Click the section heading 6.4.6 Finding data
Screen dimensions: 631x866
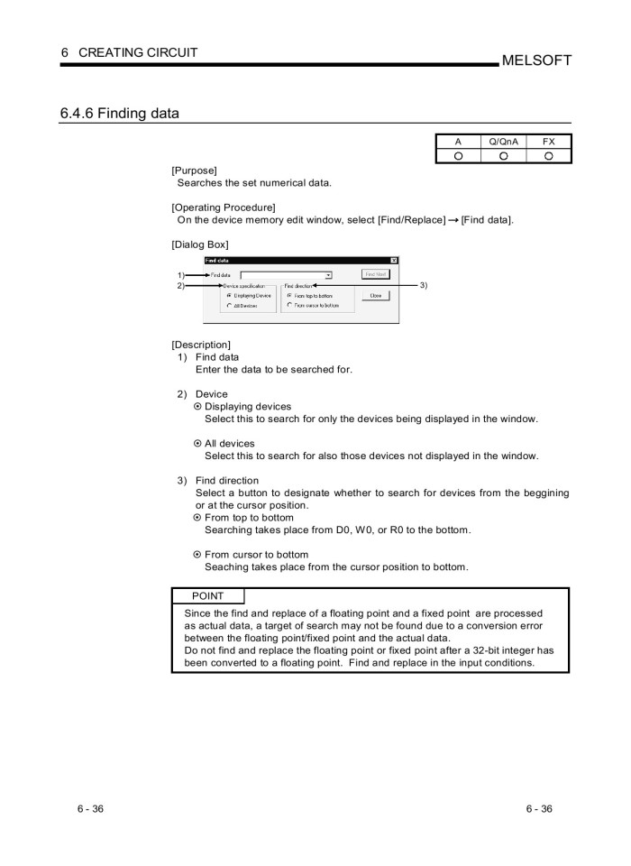[119, 114]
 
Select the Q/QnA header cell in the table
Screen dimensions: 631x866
[503, 142]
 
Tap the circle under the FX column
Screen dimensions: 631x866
[548, 156]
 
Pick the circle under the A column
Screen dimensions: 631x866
[458, 156]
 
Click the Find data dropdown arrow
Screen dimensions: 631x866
[327, 274]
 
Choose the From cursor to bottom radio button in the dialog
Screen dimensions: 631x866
[289, 306]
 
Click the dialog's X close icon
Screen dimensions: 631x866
[394, 261]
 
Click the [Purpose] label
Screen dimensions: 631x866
[194, 170]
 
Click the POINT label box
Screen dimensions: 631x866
[207, 596]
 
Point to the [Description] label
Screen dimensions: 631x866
[200, 345]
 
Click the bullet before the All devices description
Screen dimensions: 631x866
[197, 444]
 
